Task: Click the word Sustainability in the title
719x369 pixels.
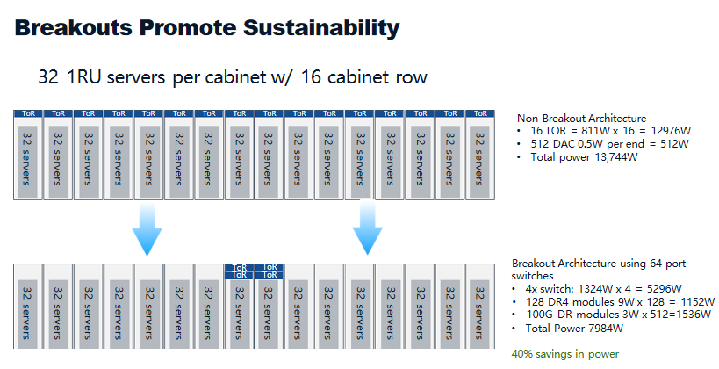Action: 321,28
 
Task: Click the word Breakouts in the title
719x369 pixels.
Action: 73,27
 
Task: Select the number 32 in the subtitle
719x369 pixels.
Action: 48,76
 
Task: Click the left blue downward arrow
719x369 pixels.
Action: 147,228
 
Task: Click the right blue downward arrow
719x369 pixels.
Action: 367,228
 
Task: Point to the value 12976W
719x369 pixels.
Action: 671,131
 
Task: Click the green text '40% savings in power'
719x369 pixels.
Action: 565,354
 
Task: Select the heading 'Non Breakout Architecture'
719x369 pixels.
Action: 581,119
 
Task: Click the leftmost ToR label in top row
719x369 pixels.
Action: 28,113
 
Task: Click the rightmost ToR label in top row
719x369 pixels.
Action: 480,113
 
